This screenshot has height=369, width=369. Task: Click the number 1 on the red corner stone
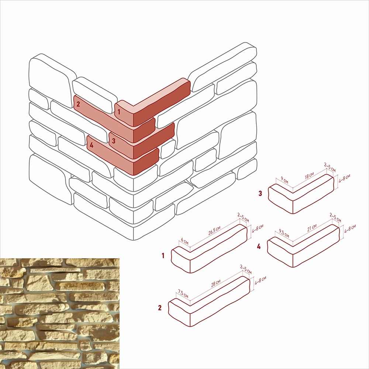[119, 111]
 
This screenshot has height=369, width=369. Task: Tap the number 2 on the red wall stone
[78, 104]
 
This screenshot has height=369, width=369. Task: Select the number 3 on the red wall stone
[114, 141]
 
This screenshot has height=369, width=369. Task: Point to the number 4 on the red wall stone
[92, 145]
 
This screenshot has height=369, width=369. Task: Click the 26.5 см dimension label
[214, 231]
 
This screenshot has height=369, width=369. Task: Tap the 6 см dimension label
[185, 241]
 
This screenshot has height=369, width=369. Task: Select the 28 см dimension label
[215, 283]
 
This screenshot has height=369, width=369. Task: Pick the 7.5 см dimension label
[183, 293]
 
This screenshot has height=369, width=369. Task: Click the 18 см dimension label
[309, 176]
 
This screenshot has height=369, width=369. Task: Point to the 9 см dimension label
[284, 180]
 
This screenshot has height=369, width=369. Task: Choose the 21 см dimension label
[312, 228]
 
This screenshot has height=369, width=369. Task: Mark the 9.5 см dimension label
[284, 233]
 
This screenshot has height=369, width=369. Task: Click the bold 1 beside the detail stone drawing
[163, 256]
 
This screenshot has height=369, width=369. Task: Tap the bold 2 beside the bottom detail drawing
[160, 308]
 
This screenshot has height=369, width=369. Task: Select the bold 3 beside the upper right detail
[260, 193]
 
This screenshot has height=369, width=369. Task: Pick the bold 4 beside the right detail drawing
[259, 246]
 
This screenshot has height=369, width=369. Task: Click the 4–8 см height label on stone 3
[345, 179]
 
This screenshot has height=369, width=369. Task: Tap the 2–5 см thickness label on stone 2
[246, 269]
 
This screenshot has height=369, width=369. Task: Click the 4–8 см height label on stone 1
[258, 229]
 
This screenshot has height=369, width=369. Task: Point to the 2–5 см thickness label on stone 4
[335, 217]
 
